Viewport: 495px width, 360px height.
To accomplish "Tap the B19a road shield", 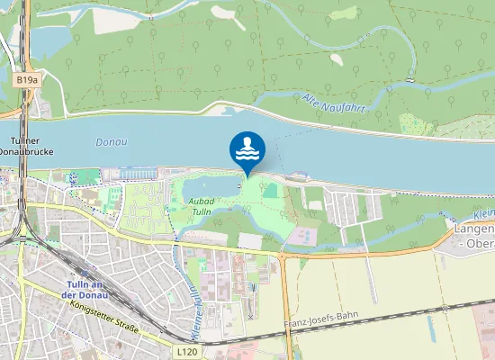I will (x=27, y=80).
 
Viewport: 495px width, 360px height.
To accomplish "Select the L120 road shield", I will (x=186, y=351).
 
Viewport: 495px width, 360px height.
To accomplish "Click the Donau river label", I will (x=111, y=142).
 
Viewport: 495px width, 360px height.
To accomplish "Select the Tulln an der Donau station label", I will (x=86, y=289).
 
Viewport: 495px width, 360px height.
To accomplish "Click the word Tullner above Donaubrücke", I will (x=27, y=141).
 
